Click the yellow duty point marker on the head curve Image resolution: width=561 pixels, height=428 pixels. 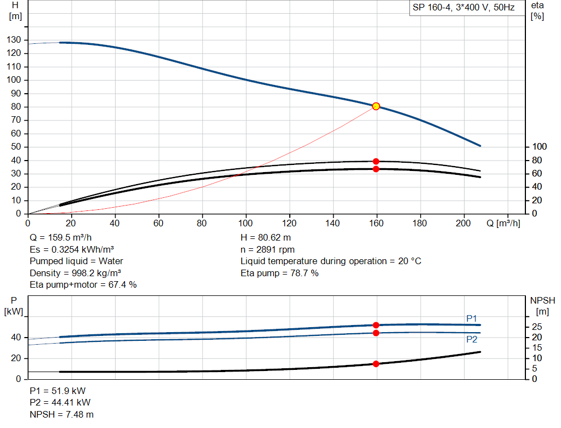[376, 106]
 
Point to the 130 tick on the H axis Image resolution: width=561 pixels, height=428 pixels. [14, 39]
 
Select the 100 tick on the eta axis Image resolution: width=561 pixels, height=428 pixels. [539, 146]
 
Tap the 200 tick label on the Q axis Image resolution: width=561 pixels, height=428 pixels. [463, 223]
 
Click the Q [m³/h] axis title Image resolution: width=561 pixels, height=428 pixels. [503, 223]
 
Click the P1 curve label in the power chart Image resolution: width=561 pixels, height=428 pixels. [472, 318]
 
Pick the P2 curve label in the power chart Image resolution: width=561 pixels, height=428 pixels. [472, 339]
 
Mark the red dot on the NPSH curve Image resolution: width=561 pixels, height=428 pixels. [376, 364]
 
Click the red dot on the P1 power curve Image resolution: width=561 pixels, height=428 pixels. [376, 326]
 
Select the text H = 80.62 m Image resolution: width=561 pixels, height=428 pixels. [266, 238]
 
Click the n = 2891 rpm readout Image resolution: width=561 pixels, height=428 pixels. [267, 249]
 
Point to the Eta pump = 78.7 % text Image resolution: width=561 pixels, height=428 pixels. [279, 273]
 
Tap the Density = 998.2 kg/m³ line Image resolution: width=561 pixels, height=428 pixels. [75, 273]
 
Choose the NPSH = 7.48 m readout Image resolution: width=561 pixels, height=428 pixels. [61, 414]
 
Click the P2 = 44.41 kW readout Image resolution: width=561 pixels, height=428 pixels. [60, 403]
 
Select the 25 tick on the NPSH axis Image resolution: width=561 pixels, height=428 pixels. [537, 327]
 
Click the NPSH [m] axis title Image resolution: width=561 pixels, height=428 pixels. [542, 306]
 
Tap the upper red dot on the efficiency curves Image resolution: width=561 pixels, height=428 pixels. [376, 162]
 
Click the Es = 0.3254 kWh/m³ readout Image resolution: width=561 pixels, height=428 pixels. [72, 249]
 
